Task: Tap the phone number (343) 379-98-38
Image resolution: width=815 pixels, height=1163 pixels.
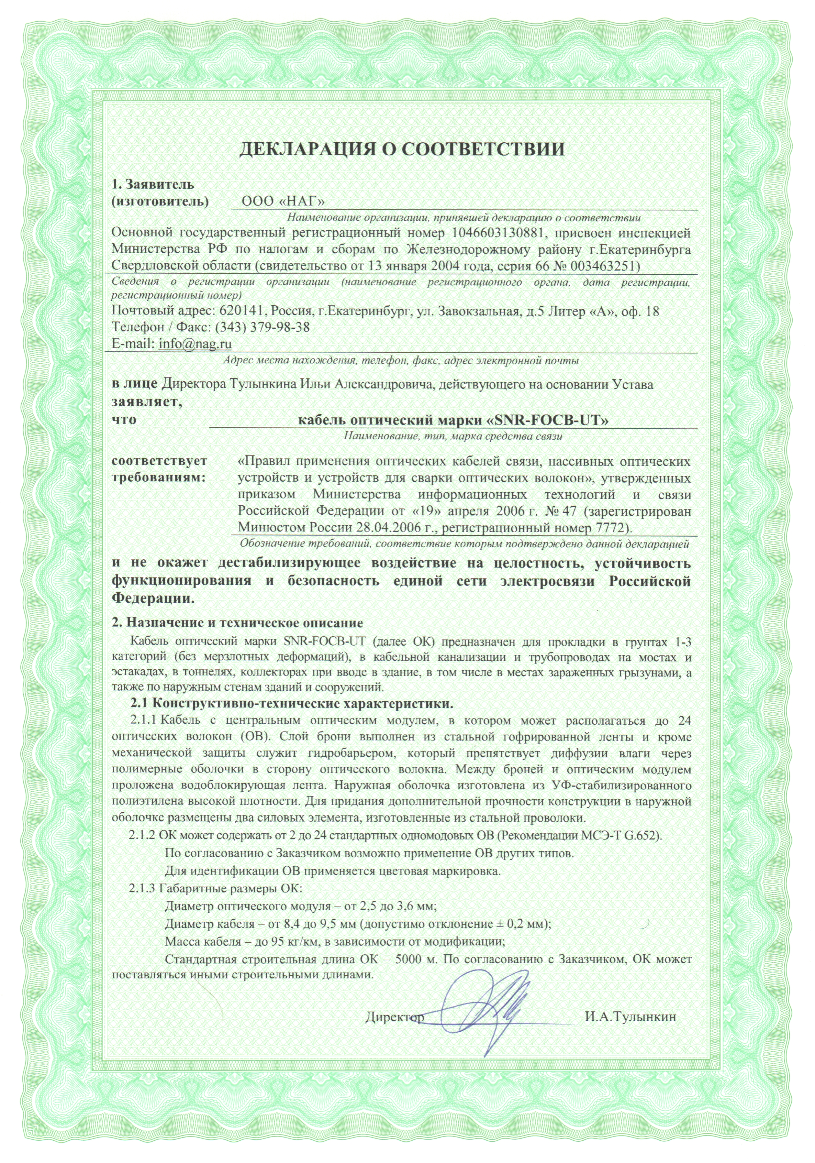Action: [x=262, y=327]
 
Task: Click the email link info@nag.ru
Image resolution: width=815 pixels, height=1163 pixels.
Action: [x=195, y=343]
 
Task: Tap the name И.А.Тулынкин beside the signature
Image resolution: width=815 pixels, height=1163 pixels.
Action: [x=630, y=1017]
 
